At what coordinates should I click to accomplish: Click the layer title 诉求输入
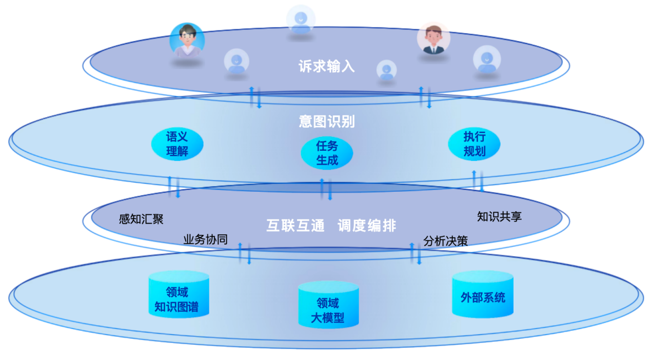tap(326, 67)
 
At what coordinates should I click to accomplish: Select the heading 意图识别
tap(327, 122)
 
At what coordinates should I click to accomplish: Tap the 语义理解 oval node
tap(177, 144)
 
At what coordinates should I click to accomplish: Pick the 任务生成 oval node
tap(327, 153)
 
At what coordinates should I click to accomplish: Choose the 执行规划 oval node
tap(474, 144)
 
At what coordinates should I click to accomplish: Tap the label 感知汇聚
tap(141, 219)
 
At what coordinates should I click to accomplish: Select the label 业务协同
tap(205, 240)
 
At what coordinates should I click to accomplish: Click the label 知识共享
tap(499, 216)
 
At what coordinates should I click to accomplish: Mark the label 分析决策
tap(445, 241)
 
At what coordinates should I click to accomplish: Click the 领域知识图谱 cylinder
tap(177, 295)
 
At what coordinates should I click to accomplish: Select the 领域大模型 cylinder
tap(328, 306)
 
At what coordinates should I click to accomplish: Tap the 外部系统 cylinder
tap(483, 295)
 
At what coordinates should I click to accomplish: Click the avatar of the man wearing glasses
tap(187, 40)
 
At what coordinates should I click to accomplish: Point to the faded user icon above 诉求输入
tap(301, 19)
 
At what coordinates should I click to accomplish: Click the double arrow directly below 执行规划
tap(478, 181)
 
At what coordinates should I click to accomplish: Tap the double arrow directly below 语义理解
tap(174, 187)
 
